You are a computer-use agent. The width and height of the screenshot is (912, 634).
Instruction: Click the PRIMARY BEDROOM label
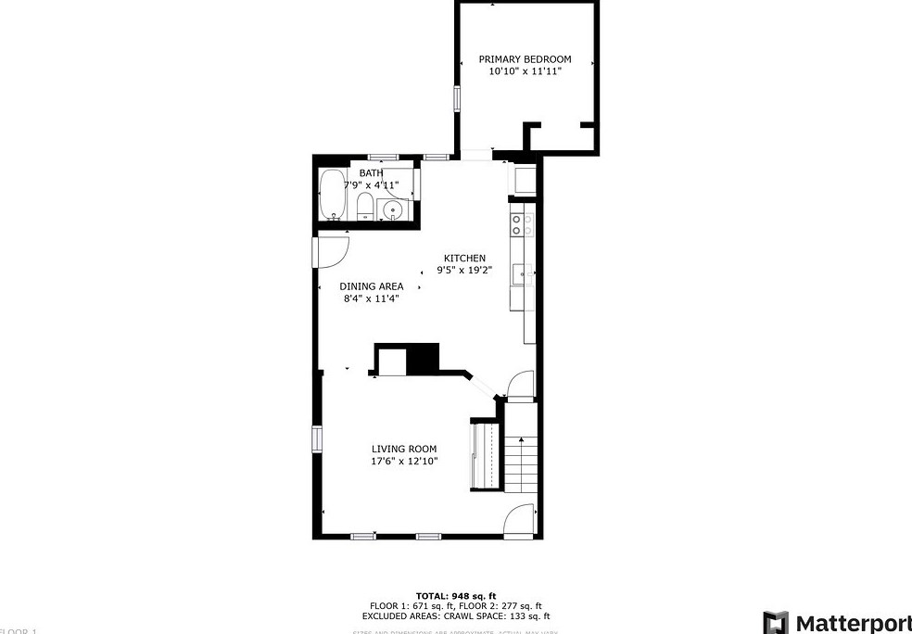coord(525,59)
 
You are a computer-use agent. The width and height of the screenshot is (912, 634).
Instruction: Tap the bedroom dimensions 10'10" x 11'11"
coord(525,71)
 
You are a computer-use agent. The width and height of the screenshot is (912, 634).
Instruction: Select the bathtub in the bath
coord(332,195)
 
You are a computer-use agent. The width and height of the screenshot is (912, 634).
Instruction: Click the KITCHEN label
coord(464,259)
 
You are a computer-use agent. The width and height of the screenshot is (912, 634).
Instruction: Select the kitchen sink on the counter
coord(525,275)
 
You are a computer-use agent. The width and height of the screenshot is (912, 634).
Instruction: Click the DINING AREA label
coord(371,286)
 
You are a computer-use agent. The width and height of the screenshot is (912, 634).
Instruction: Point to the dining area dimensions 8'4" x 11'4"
coord(371,298)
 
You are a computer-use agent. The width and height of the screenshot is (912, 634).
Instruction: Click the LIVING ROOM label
coord(404,449)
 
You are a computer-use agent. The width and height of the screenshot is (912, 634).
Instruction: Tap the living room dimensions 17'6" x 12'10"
coord(404,461)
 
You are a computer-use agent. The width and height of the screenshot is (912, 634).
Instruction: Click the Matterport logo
coord(838,621)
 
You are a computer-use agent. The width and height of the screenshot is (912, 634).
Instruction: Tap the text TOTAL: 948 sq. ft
coord(456,595)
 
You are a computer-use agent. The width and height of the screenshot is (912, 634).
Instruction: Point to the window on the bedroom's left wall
coord(456,98)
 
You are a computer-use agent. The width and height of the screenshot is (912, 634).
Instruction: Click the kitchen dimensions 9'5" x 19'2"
coord(464,271)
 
